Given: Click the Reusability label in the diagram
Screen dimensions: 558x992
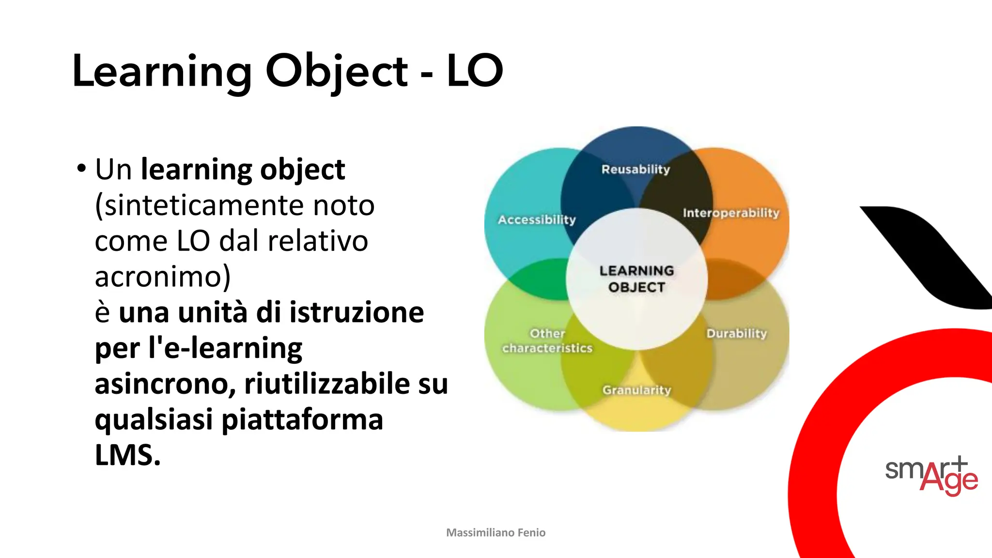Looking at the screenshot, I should tap(635, 170).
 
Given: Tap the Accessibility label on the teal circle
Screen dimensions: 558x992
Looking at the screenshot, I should tap(537, 220).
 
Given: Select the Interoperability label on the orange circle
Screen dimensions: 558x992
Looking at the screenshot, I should tap(731, 213).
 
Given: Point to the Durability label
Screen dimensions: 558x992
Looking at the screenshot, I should tap(736, 333).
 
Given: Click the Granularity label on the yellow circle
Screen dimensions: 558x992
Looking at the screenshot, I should tap(636, 390).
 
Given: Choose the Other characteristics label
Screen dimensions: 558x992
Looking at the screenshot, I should tap(547, 341).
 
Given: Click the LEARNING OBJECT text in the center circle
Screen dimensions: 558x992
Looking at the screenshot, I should tap(636, 279).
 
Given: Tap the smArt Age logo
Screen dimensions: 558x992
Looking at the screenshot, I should tap(931, 475).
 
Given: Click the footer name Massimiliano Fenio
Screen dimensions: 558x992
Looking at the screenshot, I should tap(496, 533).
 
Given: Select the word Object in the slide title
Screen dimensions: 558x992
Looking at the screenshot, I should tap(337, 72).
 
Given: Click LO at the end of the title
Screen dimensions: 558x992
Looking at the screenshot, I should tap(475, 71).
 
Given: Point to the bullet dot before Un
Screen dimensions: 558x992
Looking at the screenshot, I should tap(81, 169).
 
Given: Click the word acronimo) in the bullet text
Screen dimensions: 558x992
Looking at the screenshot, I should tap(163, 277).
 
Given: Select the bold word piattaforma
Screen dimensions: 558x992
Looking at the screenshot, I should tap(302, 419).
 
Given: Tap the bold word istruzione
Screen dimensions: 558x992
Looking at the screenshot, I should tap(356, 312).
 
